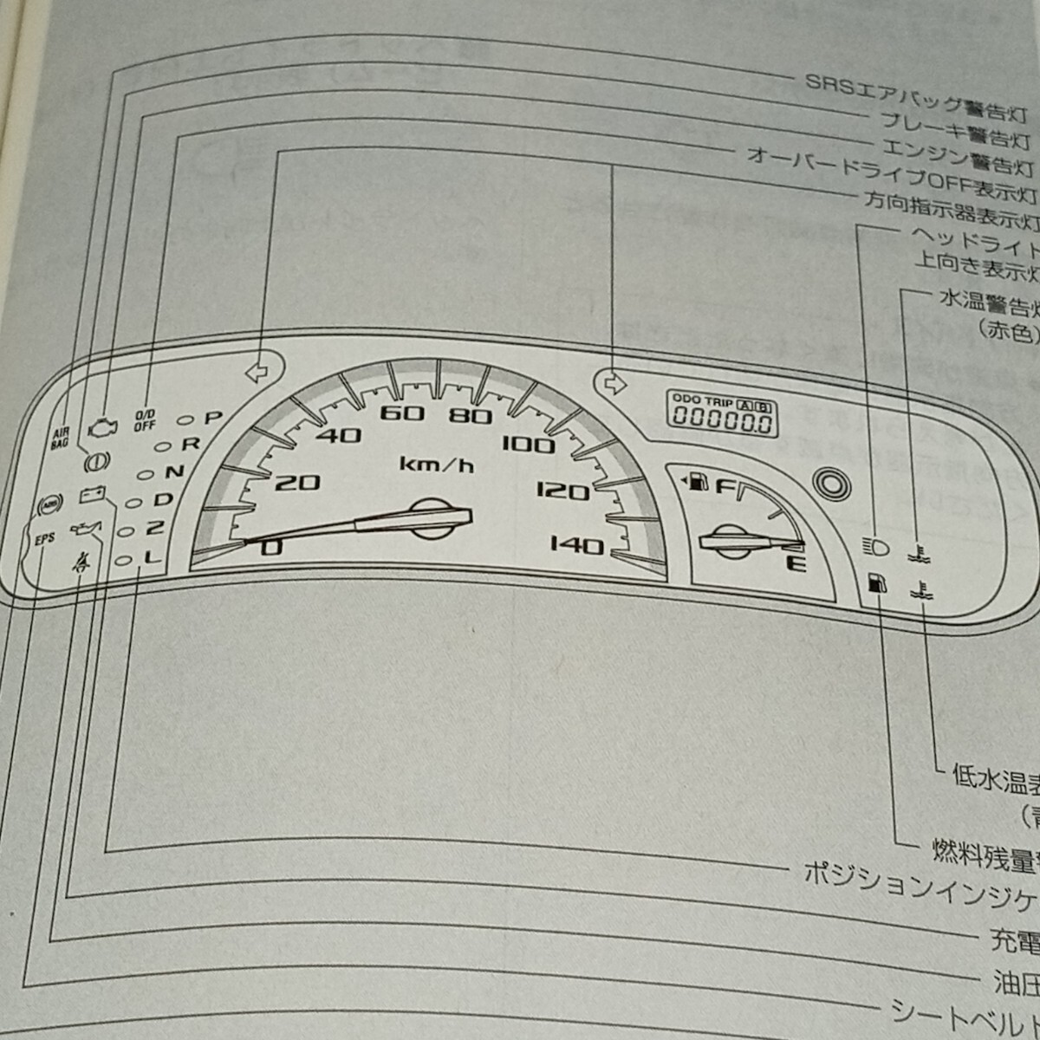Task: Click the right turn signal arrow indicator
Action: tap(613, 382)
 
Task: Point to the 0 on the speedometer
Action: tap(271, 547)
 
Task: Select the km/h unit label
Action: tap(437, 465)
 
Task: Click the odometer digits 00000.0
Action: tap(720, 422)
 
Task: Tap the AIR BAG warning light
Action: tap(59, 435)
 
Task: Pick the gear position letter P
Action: tap(212, 418)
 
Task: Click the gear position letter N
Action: tap(175, 471)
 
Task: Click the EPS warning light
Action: tap(45, 538)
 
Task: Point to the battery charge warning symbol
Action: tap(93, 495)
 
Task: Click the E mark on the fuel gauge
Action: tap(798, 566)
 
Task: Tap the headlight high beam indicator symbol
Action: tap(877, 548)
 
